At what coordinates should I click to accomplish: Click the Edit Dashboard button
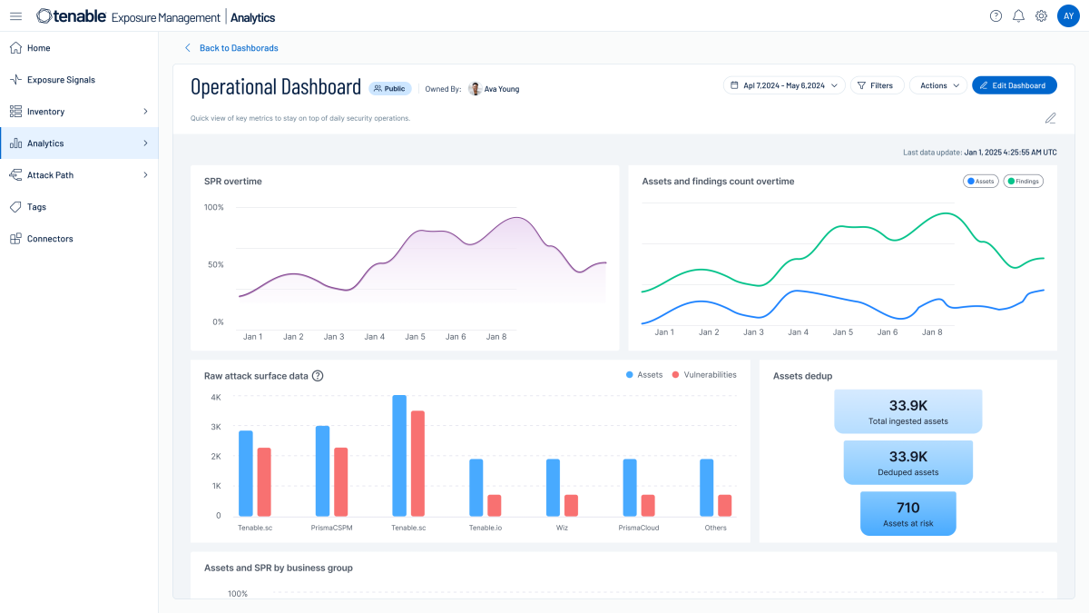click(1014, 85)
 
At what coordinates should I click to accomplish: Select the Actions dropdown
click(937, 85)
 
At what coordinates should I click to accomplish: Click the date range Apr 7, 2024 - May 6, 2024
click(784, 85)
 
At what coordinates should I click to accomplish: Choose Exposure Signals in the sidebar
click(61, 80)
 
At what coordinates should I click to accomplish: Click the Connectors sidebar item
click(50, 239)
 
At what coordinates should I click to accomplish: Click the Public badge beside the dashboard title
click(389, 89)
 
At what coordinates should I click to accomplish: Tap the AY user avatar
click(1068, 16)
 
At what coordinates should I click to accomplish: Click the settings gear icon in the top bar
click(1041, 16)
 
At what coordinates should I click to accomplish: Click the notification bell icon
click(1018, 16)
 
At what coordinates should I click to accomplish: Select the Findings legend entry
click(1023, 182)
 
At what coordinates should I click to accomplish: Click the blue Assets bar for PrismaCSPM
click(322, 470)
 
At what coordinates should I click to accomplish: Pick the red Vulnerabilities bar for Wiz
click(571, 505)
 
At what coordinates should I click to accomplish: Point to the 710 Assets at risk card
click(907, 513)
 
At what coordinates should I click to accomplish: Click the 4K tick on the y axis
click(215, 398)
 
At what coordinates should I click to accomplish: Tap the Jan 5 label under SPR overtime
click(415, 337)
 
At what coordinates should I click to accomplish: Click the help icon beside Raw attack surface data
click(318, 376)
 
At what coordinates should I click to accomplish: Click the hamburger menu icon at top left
click(15, 16)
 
